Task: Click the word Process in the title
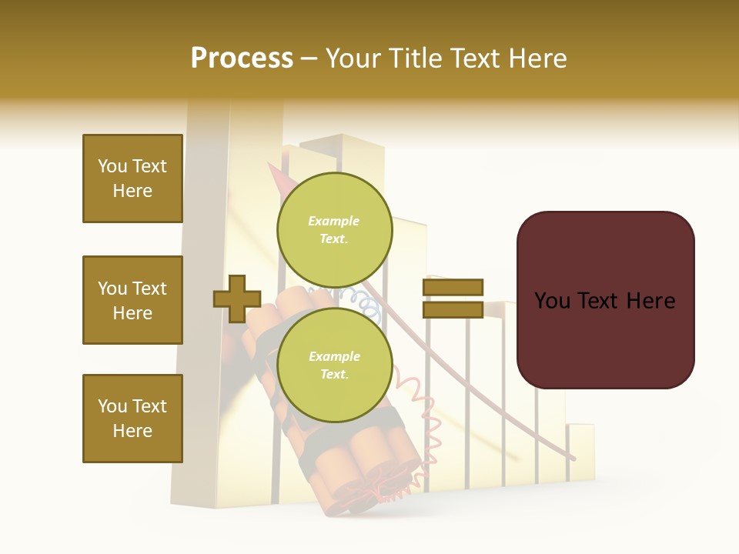[x=242, y=58]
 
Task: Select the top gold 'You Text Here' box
[x=132, y=179]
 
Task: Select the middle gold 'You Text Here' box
[x=132, y=300]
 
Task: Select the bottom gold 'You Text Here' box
[x=132, y=419]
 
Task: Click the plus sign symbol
[x=237, y=299]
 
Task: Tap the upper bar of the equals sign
[x=453, y=287]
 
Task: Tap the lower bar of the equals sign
[x=453, y=310]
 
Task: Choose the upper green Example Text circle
[x=334, y=229]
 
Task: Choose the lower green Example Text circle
[x=334, y=365]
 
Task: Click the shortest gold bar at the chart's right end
[x=580, y=454]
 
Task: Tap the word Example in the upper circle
[x=333, y=221]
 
